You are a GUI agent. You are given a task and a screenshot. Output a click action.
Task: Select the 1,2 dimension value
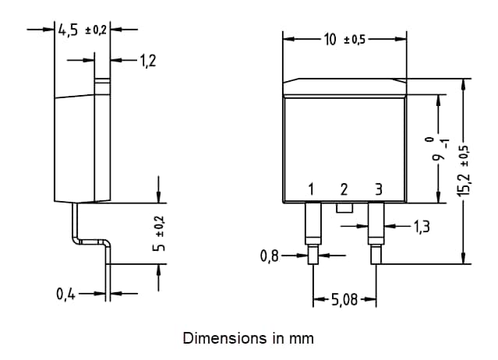pos(147,60)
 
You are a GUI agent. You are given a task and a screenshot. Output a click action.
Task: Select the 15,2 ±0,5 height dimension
pos(466,172)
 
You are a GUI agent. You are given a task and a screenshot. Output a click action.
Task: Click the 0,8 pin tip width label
pos(270,255)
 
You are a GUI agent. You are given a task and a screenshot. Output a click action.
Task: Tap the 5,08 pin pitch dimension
pos(342,299)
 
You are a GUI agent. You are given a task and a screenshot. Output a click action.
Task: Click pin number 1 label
pos(311,189)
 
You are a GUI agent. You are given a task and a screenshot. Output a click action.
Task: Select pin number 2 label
pos(344,189)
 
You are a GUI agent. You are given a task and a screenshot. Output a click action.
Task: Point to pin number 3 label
pos(379,189)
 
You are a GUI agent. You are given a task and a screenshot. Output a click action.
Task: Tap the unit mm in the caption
pos(303,338)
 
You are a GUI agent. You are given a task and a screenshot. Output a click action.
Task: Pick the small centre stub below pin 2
pos(344,207)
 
